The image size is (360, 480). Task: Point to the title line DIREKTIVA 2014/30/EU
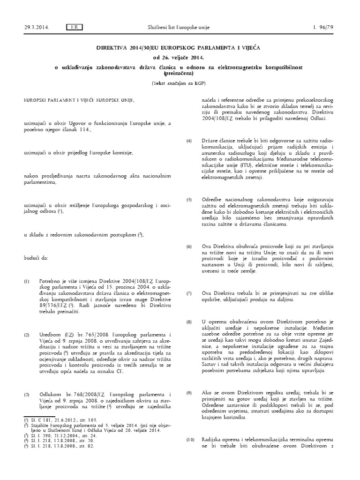(180, 48)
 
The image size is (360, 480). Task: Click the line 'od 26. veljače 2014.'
(180, 57)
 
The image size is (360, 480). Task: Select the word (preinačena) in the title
(180, 74)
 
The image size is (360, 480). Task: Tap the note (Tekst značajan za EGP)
(180, 83)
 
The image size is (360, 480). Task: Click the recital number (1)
(27, 282)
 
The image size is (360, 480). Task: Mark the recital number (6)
(189, 246)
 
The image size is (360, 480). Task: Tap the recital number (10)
(190, 439)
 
